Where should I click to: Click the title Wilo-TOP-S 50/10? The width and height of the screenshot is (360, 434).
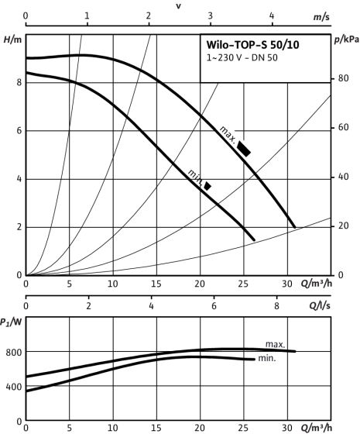pyautogui.click(x=252, y=45)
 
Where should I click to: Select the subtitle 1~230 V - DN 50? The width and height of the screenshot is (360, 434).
pyautogui.click(x=242, y=58)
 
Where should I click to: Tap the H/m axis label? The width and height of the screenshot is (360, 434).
pyautogui.click(x=12, y=40)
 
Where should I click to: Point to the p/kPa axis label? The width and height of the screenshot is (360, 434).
pyautogui.click(x=347, y=40)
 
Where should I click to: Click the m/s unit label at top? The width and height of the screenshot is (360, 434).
pyautogui.click(x=321, y=17)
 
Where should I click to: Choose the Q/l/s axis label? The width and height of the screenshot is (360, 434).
pyautogui.click(x=320, y=306)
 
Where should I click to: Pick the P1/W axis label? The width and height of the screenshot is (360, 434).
pyautogui.click(x=11, y=322)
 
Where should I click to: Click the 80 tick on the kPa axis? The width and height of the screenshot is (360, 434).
pyautogui.click(x=344, y=78)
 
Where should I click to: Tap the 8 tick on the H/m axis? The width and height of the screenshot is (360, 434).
pyautogui.click(x=19, y=82)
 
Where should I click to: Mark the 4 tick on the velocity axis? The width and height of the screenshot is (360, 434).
pyautogui.click(x=272, y=15)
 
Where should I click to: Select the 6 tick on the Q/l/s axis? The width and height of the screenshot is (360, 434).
pyautogui.click(x=214, y=306)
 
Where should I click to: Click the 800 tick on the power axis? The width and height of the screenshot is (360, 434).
pyautogui.click(x=14, y=353)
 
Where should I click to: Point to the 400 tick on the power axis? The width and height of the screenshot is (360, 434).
pyautogui.click(x=14, y=387)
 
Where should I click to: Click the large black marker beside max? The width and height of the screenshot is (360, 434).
pyautogui.click(x=244, y=149)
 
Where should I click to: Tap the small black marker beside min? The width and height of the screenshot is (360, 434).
pyautogui.click(x=207, y=186)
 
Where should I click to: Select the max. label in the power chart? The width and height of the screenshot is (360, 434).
pyautogui.click(x=275, y=344)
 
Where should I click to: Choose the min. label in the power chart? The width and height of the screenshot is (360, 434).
pyautogui.click(x=267, y=358)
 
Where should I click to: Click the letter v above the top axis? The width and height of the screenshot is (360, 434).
pyautogui.click(x=179, y=6)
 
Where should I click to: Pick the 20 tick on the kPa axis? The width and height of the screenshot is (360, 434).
pyautogui.click(x=344, y=226)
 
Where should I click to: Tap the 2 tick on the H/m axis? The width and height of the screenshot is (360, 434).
pyautogui.click(x=19, y=227)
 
